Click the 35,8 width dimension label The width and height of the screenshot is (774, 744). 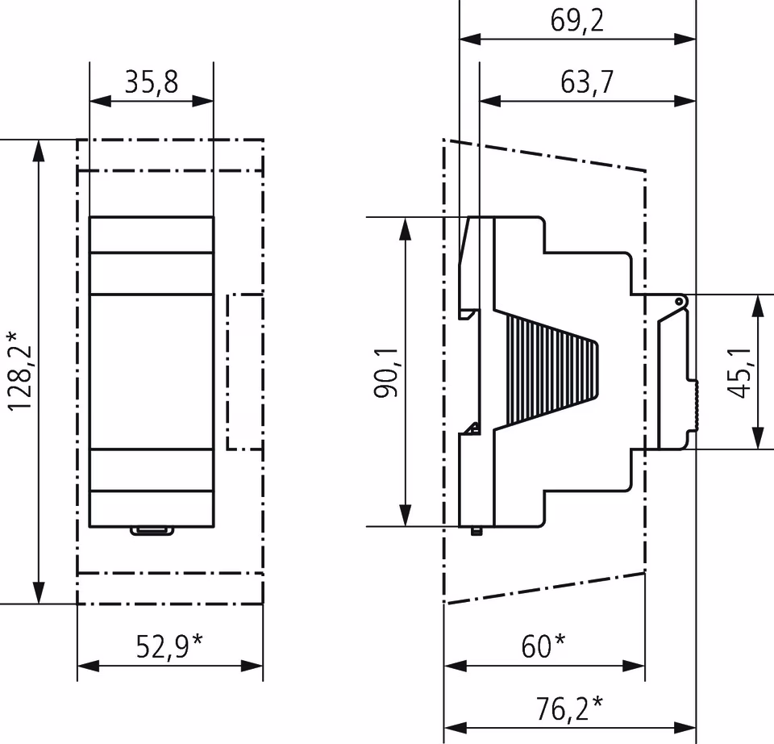tap(151, 82)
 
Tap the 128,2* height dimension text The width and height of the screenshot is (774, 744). tap(19, 370)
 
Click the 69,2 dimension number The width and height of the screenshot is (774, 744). tap(577, 21)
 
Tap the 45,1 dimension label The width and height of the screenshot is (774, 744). tap(738, 372)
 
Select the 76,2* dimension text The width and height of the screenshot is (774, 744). tap(570, 708)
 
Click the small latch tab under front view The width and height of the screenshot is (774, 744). tap(152, 530)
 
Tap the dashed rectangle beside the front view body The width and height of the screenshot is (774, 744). tap(245, 371)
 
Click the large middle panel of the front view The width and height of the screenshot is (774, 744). tap(151, 371)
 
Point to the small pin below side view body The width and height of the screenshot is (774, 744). tap(476, 531)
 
